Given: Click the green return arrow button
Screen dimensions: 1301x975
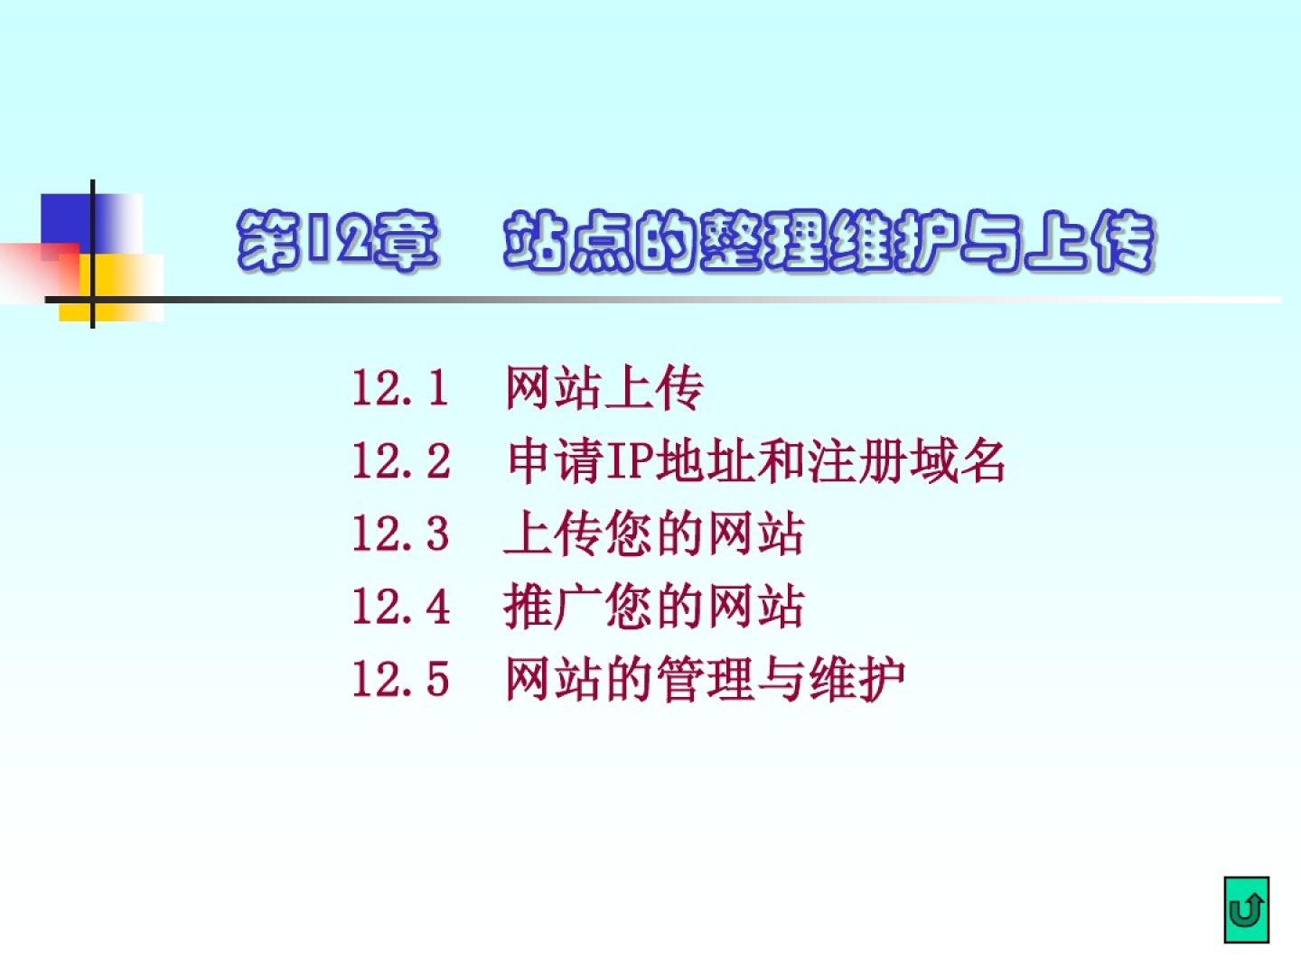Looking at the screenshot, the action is point(1247,910).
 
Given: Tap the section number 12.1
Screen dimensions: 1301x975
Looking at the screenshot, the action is point(400,388).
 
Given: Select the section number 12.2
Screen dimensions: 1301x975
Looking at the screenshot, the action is point(400,461).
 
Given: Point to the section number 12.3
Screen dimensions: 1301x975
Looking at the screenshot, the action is point(400,534).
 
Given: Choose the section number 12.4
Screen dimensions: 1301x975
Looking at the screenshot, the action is point(400,607).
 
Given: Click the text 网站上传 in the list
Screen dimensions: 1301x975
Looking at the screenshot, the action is point(604,388).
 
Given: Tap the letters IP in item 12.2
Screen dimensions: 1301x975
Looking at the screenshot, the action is point(631,461).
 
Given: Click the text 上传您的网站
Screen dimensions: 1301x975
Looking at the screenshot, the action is point(654,534).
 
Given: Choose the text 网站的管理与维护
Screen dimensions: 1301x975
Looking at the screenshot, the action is point(705,680).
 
